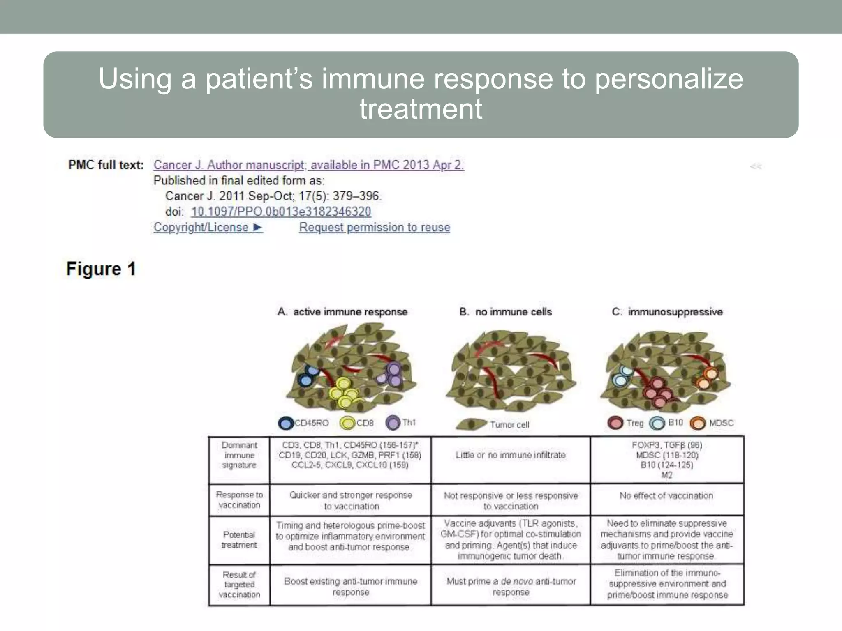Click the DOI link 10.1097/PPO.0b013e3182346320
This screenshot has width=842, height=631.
pos(281,212)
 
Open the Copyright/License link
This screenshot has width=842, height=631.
pos(208,227)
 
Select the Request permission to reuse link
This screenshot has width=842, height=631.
pos(375,227)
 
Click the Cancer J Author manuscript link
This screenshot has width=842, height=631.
pos(308,165)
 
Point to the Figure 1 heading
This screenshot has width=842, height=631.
pos(101,269)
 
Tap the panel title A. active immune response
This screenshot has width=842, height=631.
pos(342,312)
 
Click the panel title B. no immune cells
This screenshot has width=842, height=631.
pos(505,312)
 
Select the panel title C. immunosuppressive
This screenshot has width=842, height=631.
pos(667,312)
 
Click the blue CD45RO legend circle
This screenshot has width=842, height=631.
pos(286,423)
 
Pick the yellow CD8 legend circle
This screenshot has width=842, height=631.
pos(347,423)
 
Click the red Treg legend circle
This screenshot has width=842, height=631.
pos(615,423)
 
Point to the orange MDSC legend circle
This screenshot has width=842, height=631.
pos(698,423)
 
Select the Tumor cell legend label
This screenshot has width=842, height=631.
pos(509,425)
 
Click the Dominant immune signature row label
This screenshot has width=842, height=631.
pos(239,455)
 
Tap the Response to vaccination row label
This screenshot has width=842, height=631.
pos(239,500)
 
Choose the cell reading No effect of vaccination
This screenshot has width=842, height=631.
pos(666,496)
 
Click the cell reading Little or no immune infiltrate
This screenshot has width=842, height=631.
pos(511,455)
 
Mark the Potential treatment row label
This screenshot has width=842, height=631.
pos(239,540)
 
